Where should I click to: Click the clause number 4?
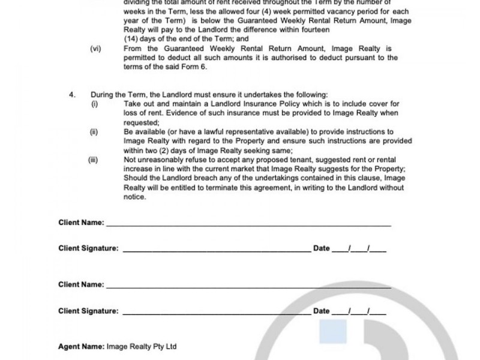pos(72,95)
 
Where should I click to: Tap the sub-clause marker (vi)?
pos(95,49)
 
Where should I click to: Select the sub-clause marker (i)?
pos(94,104)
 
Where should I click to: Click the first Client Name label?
pos(81,223)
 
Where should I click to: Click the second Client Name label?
pos(81,284)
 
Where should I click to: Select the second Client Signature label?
pos(88,311)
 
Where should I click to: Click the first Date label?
pos(322,248)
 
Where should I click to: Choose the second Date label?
pos(322,311)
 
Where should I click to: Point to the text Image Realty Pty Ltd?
pos(141,347)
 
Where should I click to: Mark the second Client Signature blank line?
pos(217,313)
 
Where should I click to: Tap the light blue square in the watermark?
pos(334,334)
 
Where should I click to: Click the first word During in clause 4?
pos(101,95)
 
